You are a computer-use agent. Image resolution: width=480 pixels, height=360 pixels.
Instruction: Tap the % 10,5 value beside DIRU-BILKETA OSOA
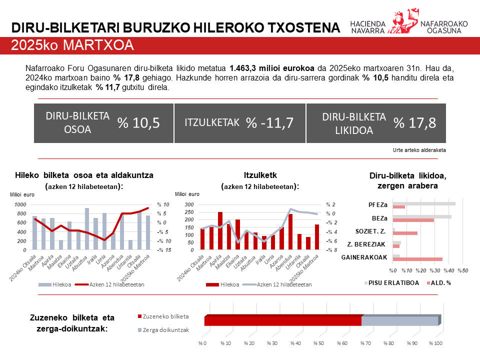138,123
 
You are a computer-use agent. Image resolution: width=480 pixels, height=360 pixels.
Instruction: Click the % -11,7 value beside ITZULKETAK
269,123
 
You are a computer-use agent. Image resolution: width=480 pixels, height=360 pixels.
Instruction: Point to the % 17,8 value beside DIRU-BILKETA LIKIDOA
415,123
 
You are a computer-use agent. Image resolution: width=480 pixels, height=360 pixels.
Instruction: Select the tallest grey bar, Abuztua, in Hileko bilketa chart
87,228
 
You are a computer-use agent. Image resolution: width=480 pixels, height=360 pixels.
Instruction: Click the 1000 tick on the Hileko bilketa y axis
20,204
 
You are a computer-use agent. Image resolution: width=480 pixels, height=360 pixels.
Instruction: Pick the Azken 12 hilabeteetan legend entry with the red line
110,284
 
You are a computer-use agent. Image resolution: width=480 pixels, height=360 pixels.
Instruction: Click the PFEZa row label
377,204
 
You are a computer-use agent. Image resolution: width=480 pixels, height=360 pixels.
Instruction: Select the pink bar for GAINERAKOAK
417,259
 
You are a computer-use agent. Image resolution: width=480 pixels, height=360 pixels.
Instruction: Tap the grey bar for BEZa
422,216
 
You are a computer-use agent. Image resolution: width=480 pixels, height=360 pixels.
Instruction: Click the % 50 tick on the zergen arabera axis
462,270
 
